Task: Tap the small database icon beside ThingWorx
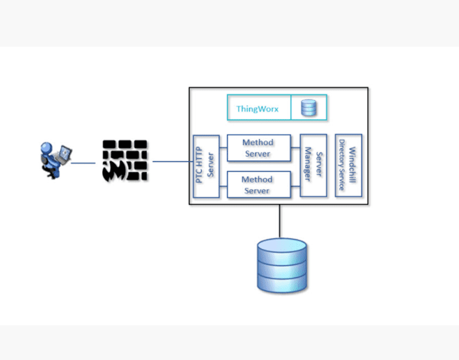(x=309, y=107)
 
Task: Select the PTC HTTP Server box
(x=205, y=166)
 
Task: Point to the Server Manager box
(x=313, y=166)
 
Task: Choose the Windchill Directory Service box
(x=348, y=166)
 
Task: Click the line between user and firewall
(x=83, y=163)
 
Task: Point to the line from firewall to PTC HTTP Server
(x=170, y=161)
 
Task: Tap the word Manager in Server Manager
(x=308, y=166)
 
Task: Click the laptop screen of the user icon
(x=67, y=153)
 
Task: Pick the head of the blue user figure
(x=46, y=147)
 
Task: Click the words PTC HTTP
(x=200, y=166)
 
